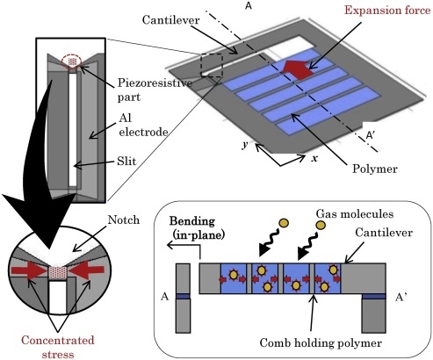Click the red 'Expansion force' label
[x=387, y=11]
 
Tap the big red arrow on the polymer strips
[x=298, y=69]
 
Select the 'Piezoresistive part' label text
[x=155, y=90]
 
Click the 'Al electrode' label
[x=143, y=125]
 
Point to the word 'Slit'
[x=126, y=162]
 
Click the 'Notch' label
[x=124, y=220]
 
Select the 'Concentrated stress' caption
[x=58, y=347]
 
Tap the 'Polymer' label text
[x=375, y=169]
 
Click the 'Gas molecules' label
[x=355, y=214]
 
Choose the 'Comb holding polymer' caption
[x=321, y=342]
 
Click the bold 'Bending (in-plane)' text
[x=197, y=228]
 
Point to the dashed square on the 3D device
[x=212, y=66]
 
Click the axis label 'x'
[x=314, y=158]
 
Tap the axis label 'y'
[x=245, y=144]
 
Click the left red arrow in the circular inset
[x=29, y=270]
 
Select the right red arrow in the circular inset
[x=86, y=270]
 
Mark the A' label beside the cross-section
[x=401, y=298]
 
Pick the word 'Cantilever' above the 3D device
[x=171, y=20]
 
